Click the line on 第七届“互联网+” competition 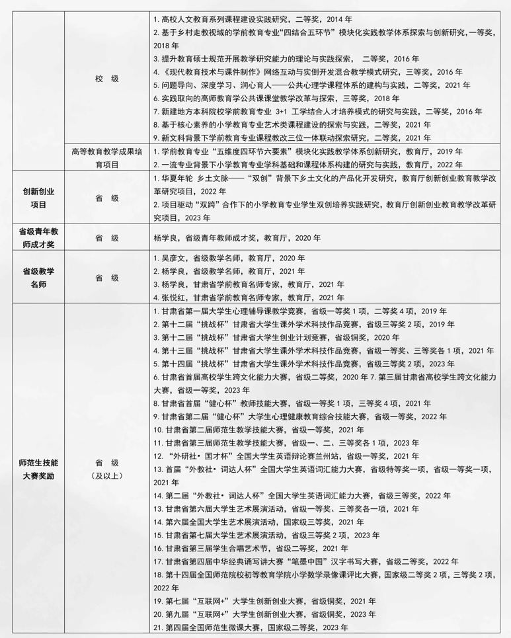point(264,601)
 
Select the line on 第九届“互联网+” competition point(264,614)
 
